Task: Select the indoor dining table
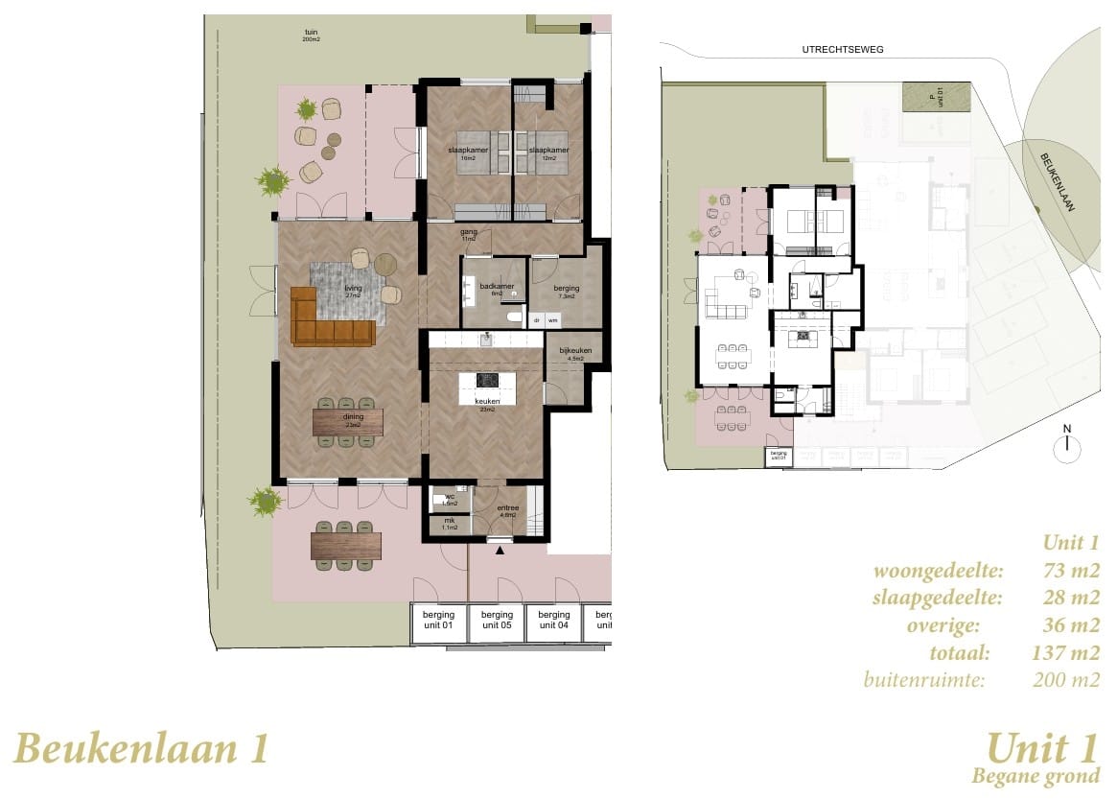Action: (347, 422)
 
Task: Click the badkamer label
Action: (497, 289)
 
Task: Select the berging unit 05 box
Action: (497, 620)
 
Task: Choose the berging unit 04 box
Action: (553, 620)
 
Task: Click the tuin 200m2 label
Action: (311, 35)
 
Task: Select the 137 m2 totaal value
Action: (1069, 654)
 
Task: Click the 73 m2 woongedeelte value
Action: (1069, 572)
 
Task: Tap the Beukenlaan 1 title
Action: (142, 748)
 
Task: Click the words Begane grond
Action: (1036, 776)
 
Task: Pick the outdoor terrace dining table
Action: (346, 546)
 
